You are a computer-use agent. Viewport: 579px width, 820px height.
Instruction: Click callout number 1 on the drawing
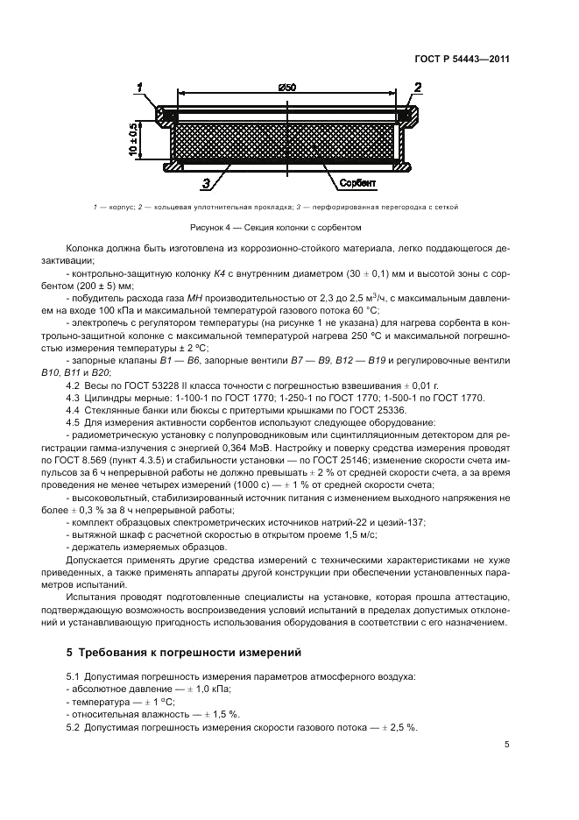click(139, 85)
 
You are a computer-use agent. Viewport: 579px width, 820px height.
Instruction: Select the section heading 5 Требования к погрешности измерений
click(184, 653)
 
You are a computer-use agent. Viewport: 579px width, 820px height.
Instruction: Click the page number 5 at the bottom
click(507, 745)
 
